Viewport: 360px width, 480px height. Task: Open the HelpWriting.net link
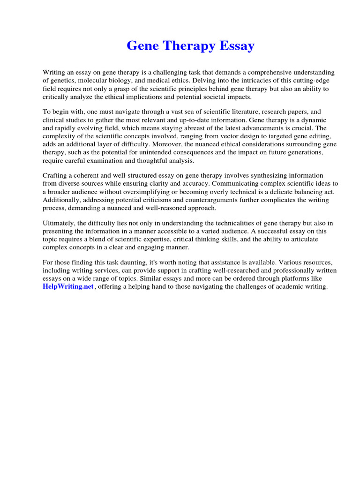[68, 286]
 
